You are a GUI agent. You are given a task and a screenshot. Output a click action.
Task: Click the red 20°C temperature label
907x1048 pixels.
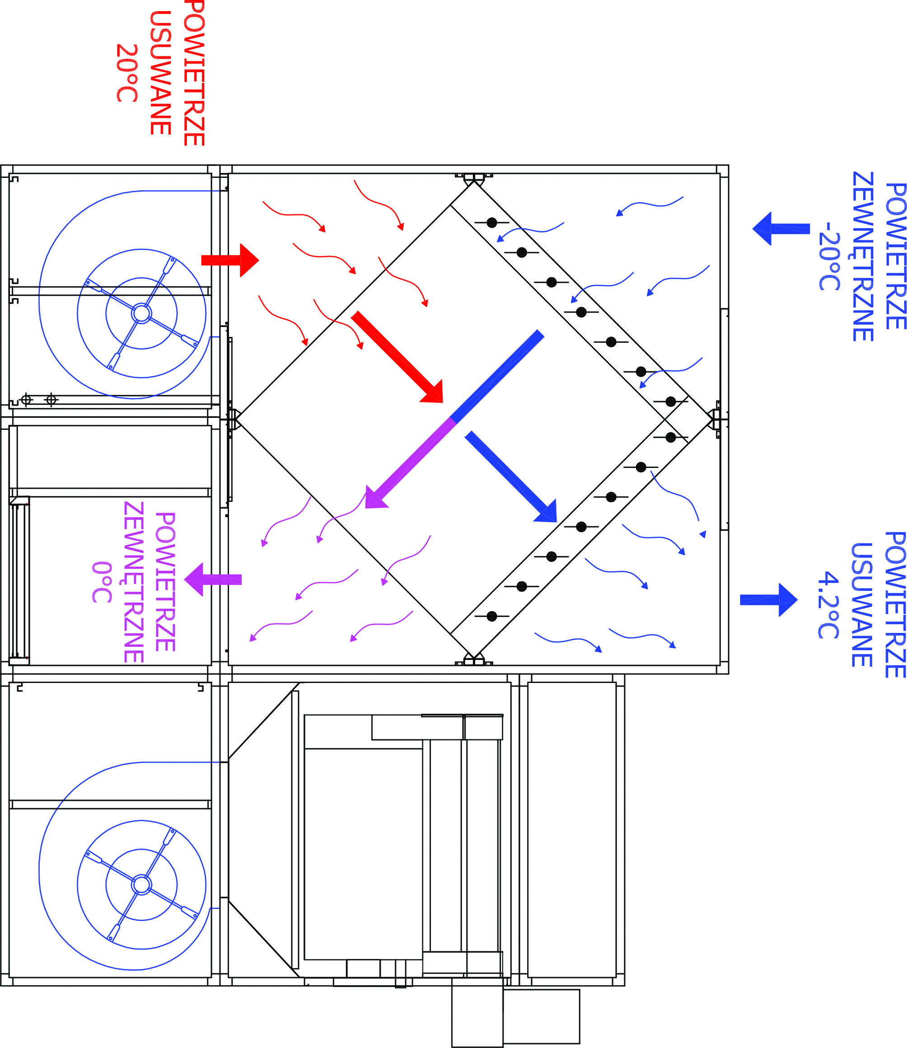pyautogui.click(x=127, y=73)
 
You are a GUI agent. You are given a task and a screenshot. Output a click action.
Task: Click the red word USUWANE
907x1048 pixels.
pyautogui.click(x=160, y=73)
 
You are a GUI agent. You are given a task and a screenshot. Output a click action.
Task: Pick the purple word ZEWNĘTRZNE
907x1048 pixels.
pyautogui.click(x=134, y=582)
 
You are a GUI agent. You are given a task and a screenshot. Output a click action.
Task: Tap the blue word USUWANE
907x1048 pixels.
pyautogui.click(x=861, y=605)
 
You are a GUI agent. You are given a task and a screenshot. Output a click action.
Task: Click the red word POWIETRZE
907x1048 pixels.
pyautogui.click(x=194, y=73)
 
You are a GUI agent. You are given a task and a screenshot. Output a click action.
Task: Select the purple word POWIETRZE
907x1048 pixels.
pyautogui.click(x=165, y=582)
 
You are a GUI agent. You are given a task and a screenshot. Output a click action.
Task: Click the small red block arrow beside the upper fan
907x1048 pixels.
pyautogui.click(x=230, y=260)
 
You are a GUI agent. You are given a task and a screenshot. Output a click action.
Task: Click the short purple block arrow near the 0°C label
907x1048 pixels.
pyautogui.click(x=213, y=580)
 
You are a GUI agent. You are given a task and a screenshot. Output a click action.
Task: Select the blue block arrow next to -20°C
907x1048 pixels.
pyautogui.click(x=781, y=229)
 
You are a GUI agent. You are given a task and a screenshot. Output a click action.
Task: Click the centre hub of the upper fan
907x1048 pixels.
pyautogui.click(x=141, y=313)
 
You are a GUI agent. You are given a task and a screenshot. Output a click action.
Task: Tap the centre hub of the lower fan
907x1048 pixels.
pyautogui.click(x=141, y=884)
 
